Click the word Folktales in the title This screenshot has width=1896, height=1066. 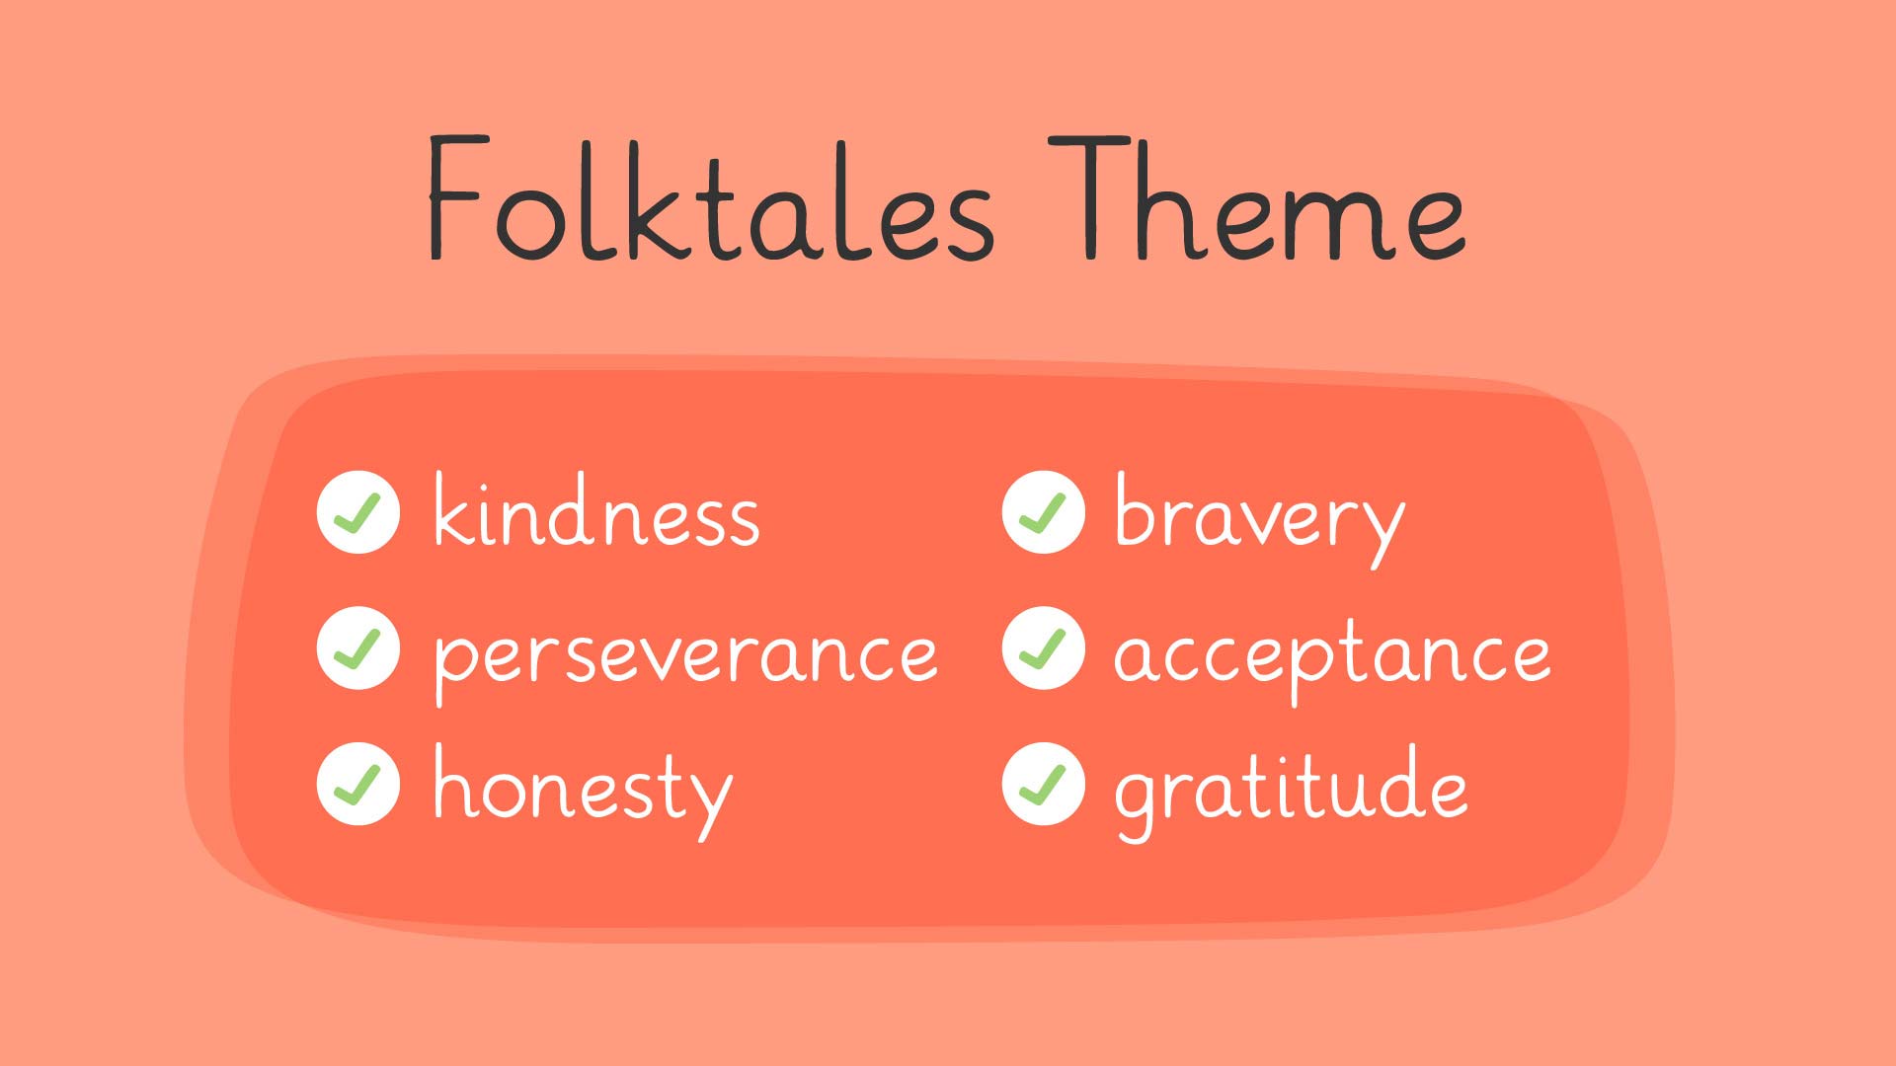click(x=710, y=198)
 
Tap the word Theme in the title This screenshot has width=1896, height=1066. click(x=1256, y=198)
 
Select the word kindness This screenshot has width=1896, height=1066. click(x=596, y=509)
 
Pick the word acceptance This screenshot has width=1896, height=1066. click(x=1332, y=656)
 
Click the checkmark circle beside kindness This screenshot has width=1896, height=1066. click(x=358, y=511)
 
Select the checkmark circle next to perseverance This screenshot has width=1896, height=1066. click(x=358, y=647)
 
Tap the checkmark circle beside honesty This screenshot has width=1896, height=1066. click(x=358, y=784)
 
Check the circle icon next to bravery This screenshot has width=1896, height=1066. click(x=1044, y=511)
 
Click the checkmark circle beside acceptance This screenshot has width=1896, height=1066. click(x=1044, y=647)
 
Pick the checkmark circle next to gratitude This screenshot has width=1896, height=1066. click(x=1044, y=784)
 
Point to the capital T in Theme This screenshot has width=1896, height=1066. click(x=1090, y=197)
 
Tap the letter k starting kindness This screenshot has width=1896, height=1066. click(x=453, y=508)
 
